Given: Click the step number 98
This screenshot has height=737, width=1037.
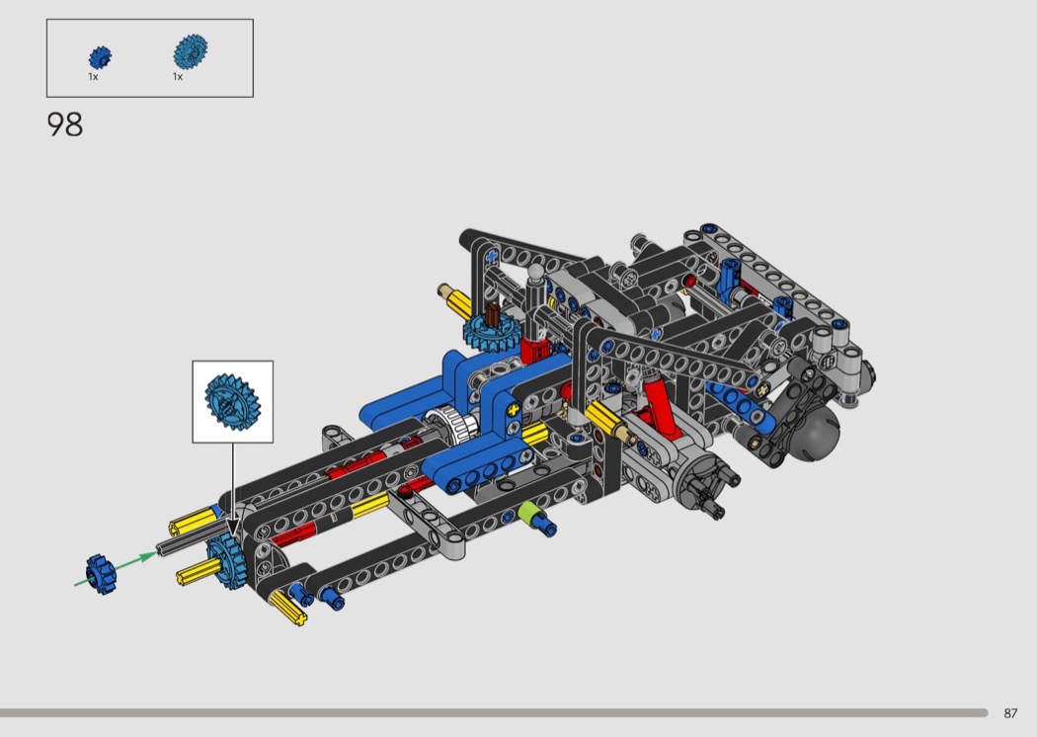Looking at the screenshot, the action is click(x=65, y=124).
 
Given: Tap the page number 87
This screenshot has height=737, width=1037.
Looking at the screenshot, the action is click(x=1010, y=713).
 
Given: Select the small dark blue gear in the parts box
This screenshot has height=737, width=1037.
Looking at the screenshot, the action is click(x=100, y=57).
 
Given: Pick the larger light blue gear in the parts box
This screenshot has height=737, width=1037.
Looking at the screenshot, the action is click(x=191, y=51).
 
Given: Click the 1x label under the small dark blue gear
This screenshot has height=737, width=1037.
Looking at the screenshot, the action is click(x=93, y=77).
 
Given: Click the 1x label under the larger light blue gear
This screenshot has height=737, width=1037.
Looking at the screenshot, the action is click(x=177, y=77).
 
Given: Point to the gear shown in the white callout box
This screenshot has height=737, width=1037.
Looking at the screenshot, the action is click(x=232, y=401).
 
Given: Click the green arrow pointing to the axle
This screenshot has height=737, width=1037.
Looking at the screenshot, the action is click(x=116, y=569).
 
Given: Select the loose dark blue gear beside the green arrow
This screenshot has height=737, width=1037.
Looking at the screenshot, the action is click(x=101, y=573).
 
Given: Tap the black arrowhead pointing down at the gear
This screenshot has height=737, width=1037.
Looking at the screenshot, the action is click(x=233, y=530).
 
